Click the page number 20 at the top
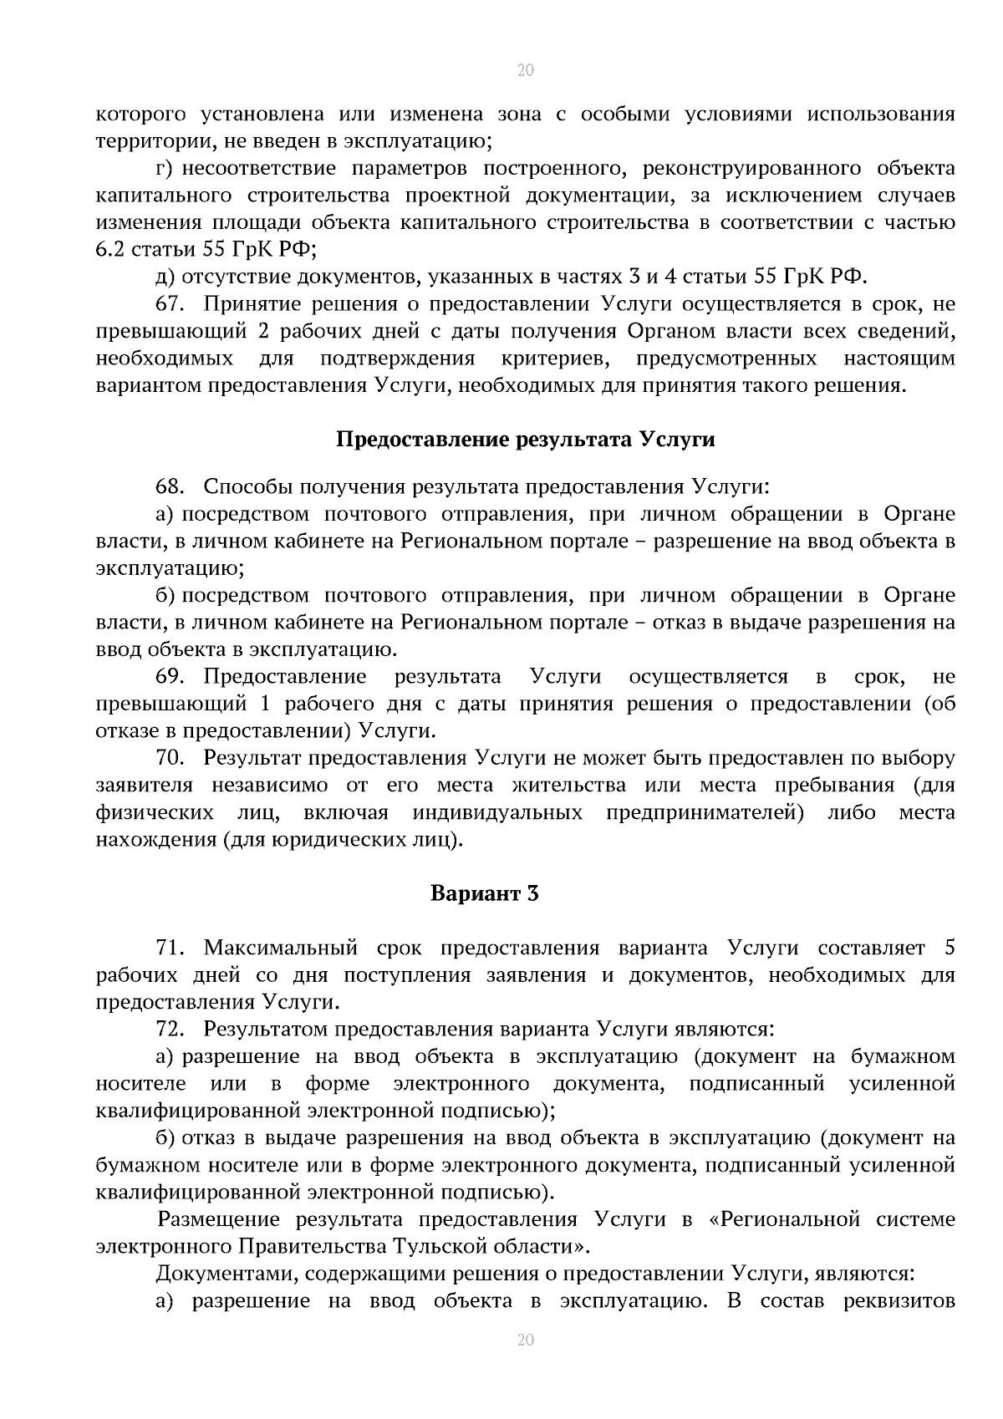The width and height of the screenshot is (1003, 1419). [x=525, y=70]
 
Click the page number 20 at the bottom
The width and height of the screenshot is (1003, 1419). [x=525, y=1340]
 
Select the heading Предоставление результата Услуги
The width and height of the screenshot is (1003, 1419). [x=525, y=440]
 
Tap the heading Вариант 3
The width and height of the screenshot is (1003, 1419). [x=484, y=893]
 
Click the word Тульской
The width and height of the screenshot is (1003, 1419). [x=439, y=1246]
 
